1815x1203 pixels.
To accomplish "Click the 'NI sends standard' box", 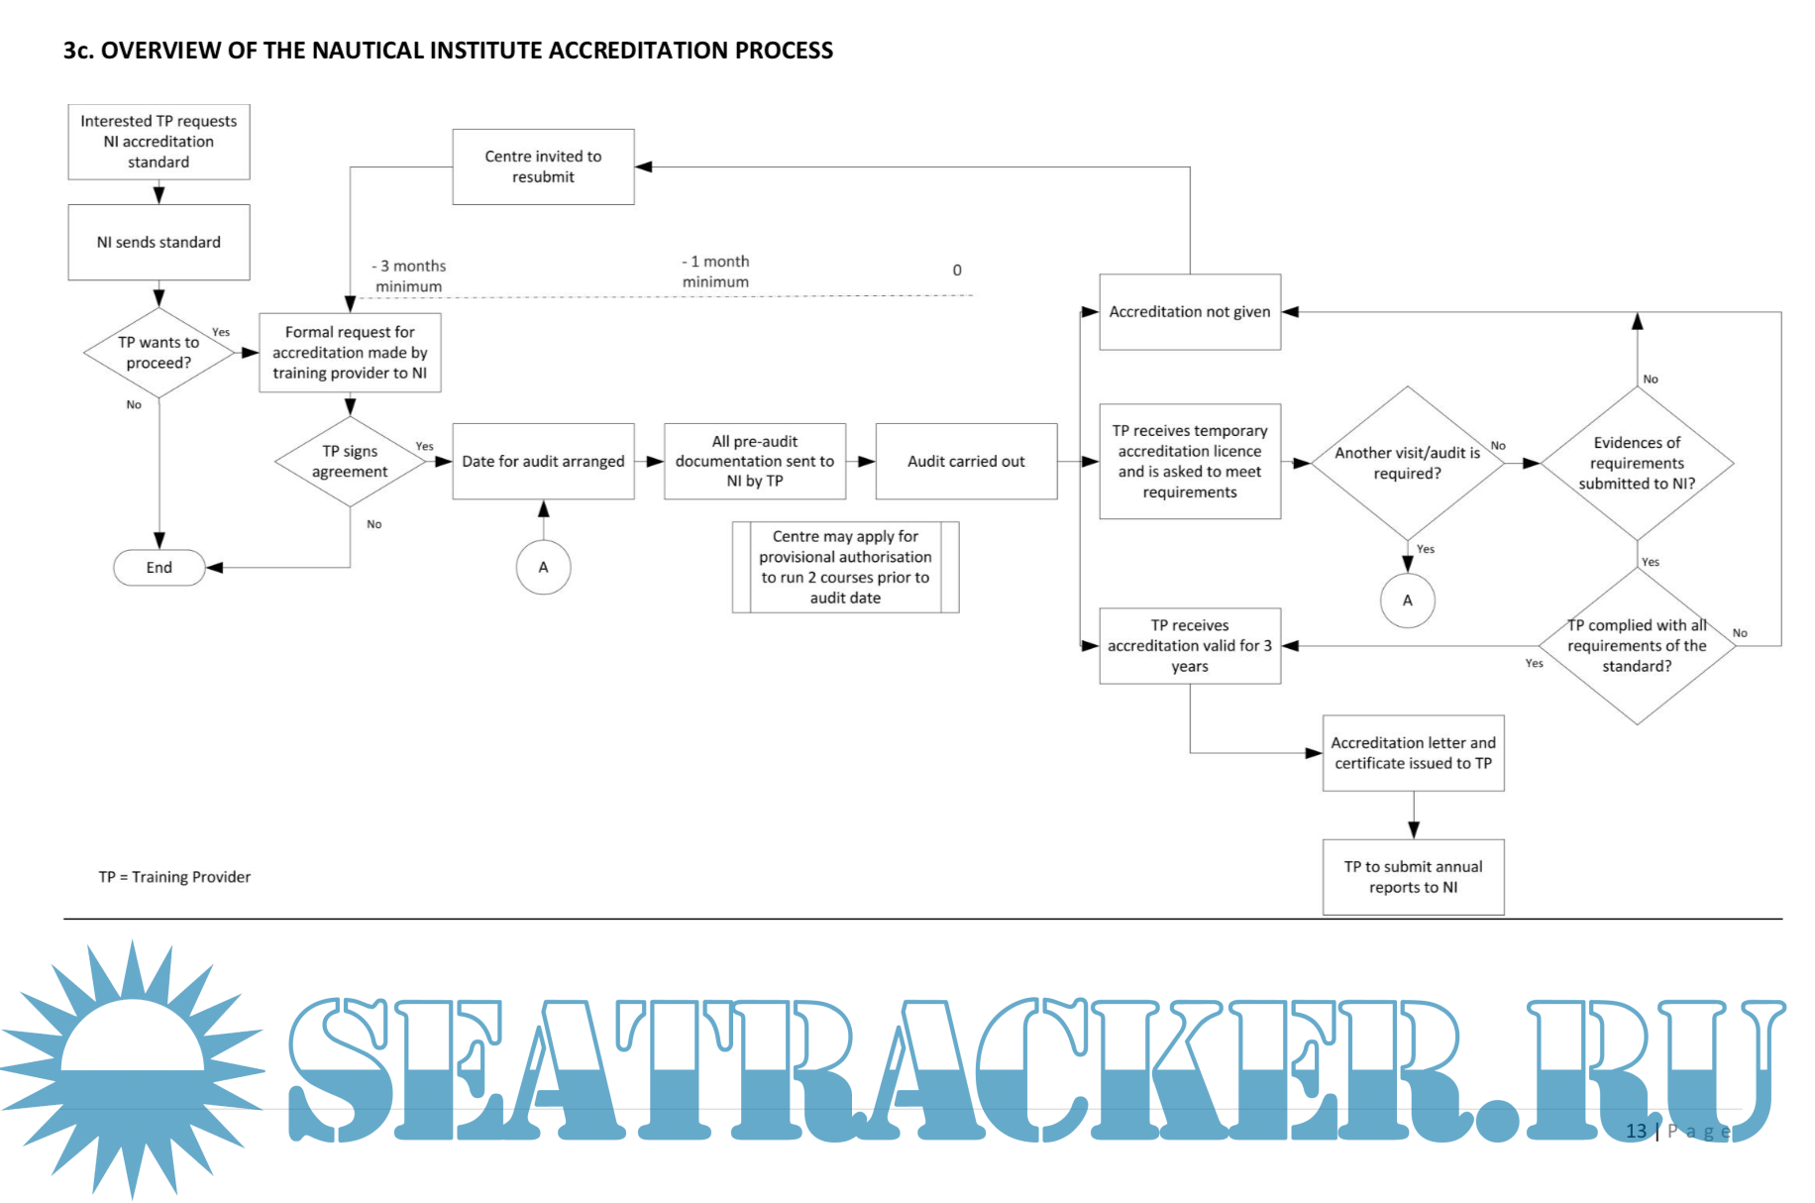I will [159, 242].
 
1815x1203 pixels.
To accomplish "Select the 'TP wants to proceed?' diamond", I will [159, 353].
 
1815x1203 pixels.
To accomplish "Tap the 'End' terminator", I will [159, 568].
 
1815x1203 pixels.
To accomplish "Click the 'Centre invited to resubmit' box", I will [543, 166].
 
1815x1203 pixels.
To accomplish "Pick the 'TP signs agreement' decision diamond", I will [350, 462].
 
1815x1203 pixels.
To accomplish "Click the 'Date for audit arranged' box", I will [543, 462].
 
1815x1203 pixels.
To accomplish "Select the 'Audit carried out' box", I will [966, 462].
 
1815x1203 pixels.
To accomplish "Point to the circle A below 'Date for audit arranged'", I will [543, 568].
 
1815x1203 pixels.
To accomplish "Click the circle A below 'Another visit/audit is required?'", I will [1407, 601].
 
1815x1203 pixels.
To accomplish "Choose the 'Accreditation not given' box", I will [1189, 312].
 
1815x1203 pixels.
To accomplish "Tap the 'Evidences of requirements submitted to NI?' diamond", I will [1637, 463].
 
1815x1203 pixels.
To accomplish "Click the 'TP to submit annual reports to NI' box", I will [1413, 877].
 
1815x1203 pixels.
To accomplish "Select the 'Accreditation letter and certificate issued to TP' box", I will [1413, 753].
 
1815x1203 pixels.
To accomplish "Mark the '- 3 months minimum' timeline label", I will [409, 276].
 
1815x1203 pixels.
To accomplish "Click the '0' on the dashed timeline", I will [957, 271].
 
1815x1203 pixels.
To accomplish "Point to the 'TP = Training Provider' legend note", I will [174, 877].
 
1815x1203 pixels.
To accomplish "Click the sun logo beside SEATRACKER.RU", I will [132, 1070].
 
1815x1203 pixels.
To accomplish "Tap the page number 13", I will [1636, 1131].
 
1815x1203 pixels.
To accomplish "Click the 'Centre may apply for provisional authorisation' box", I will [845, 567].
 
